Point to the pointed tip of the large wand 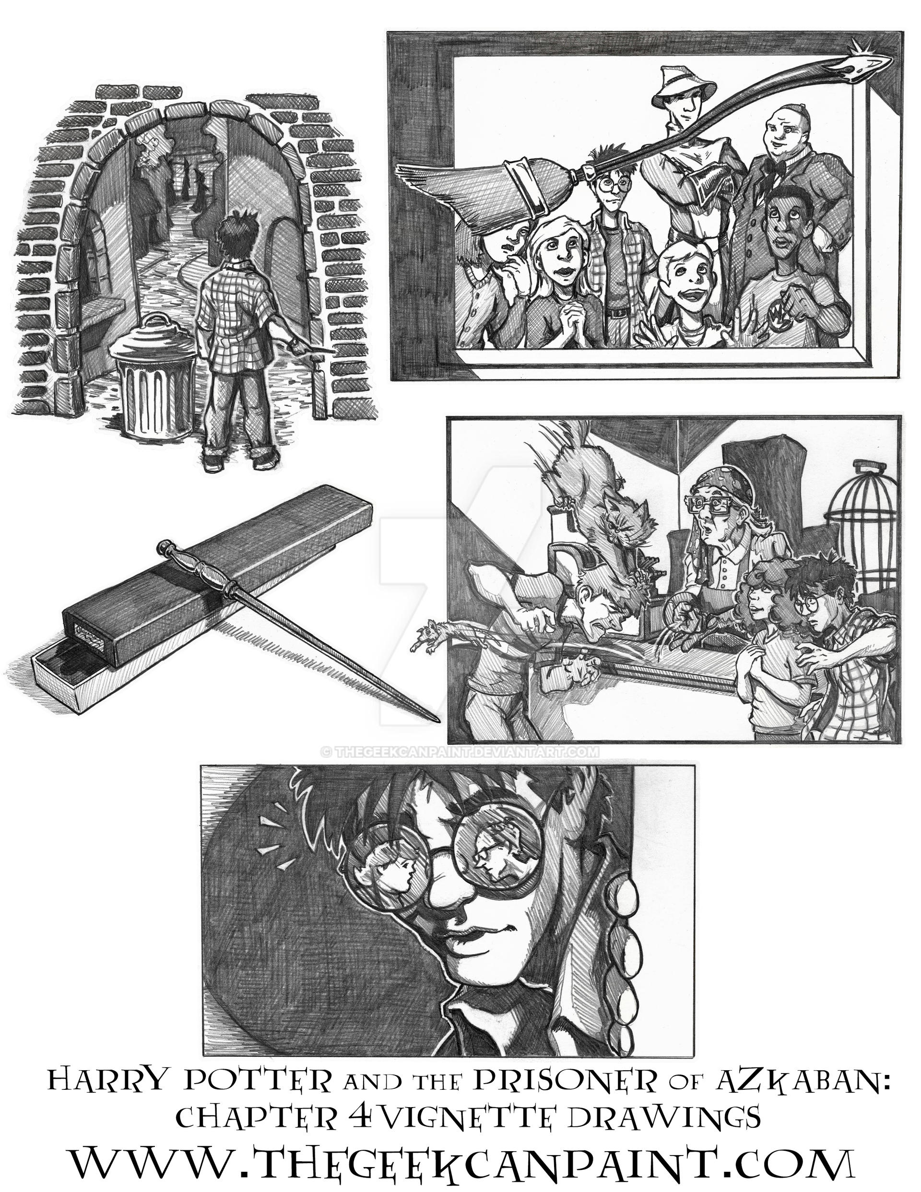437,720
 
